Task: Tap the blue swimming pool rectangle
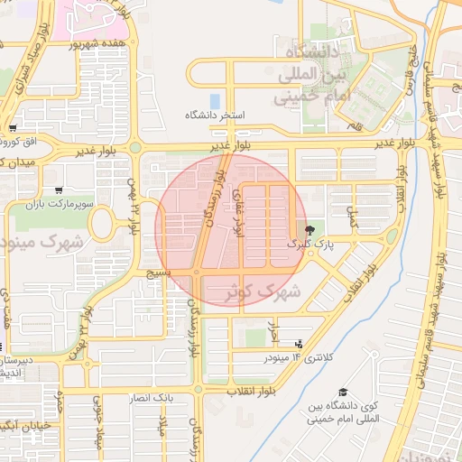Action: point(214,100)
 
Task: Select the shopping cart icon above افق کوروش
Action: point(12,128)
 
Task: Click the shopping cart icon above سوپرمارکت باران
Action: point(59,190)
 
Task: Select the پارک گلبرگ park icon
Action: point(311,230)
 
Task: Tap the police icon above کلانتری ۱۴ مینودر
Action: point(299,344)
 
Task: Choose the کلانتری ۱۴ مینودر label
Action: point(299,358)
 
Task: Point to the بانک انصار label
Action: point(176,397)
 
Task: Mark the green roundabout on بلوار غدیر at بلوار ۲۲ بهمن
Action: point(135,147)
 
